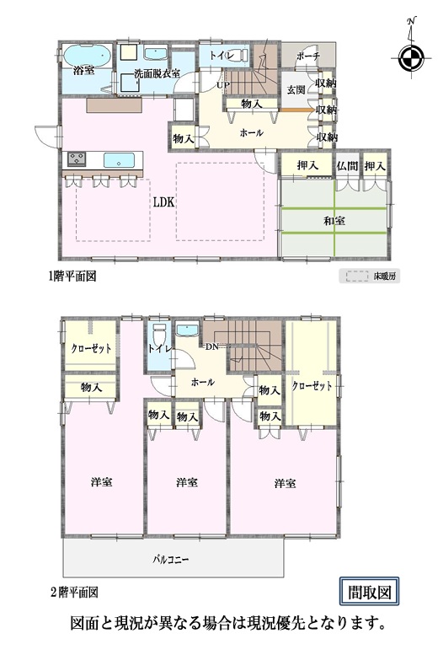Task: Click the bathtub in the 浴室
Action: tap(87, 55)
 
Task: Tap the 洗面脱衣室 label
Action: tap(157, 73)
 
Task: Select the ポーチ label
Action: tap(308, 56)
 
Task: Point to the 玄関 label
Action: tap(296, 89)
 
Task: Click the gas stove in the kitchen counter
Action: tap(77, 158)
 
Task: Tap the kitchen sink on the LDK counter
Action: tap(119, 159)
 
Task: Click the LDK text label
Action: tap(163, 202)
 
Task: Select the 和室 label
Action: tap(334, 221)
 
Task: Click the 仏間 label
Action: tap(347, 166)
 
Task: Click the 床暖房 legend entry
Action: tap(370, 276)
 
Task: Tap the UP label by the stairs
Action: tap(222, 85)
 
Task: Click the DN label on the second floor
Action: tap(211, 346)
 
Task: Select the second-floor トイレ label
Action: tap(159, 349)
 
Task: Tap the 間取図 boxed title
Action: tap(369, 592)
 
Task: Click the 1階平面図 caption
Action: tap(72, 276)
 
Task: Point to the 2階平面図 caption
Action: tap(74, 593)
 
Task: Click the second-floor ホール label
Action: tap(203, 382)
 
